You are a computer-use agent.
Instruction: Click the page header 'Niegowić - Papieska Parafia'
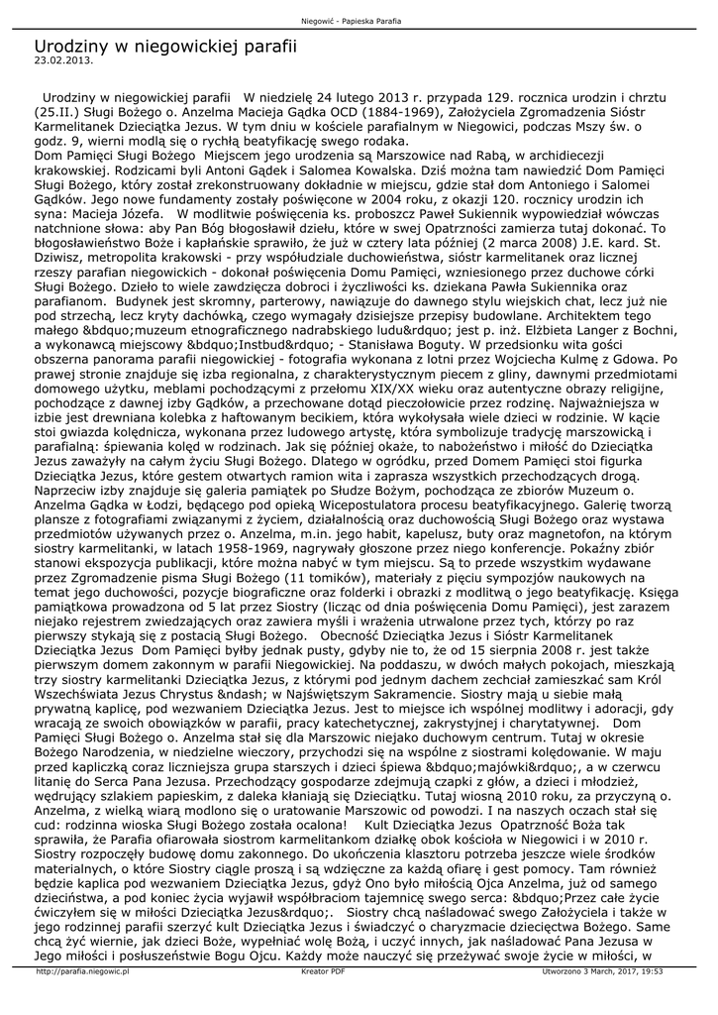(x=358, y=21)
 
